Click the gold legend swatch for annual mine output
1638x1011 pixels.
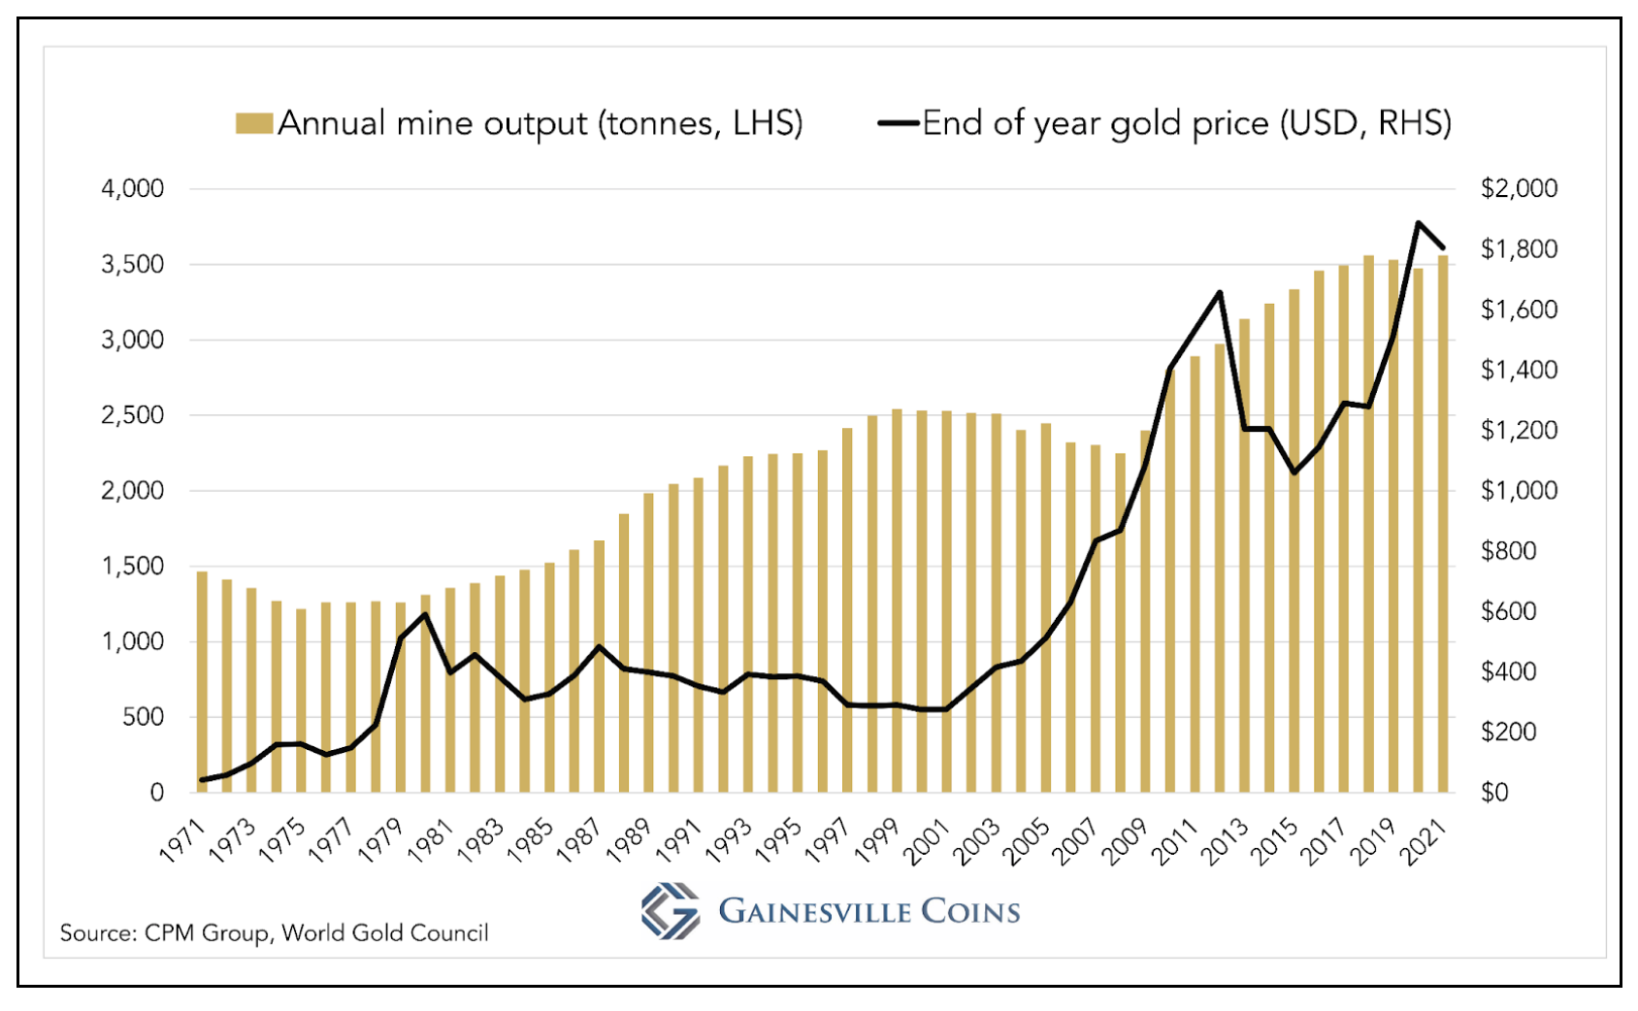253,124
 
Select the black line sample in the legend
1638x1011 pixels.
898,123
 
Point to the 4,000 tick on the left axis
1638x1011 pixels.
133,188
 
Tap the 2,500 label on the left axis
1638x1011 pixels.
133,415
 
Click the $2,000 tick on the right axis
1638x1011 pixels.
1519,188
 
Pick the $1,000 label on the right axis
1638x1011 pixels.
1519,490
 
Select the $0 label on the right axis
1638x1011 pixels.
1494,793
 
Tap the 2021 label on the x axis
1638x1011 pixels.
1425,840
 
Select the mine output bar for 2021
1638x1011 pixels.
1443,524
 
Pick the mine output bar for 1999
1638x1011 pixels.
897,602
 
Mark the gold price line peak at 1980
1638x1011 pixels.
425,613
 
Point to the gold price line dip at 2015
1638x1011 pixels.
1294,473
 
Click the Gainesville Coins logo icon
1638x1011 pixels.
670,911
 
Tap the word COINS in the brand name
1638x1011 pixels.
970,911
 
